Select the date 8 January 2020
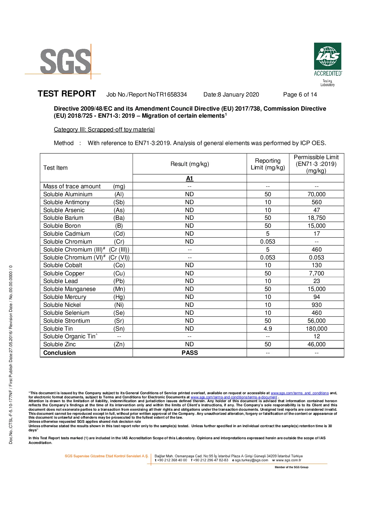238,94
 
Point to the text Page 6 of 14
300,94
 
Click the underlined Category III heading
104,129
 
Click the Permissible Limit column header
316,164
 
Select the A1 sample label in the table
189,178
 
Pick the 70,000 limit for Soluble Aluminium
316,194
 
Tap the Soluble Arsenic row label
64,210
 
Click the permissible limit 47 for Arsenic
316,210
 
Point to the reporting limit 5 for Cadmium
268,234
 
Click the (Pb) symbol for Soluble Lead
119,281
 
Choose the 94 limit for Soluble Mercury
316,297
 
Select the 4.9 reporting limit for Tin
268,329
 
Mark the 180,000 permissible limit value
316,329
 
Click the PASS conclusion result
190,353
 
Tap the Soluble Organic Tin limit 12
316,336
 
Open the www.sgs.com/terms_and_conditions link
299,393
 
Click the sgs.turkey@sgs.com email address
251,460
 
